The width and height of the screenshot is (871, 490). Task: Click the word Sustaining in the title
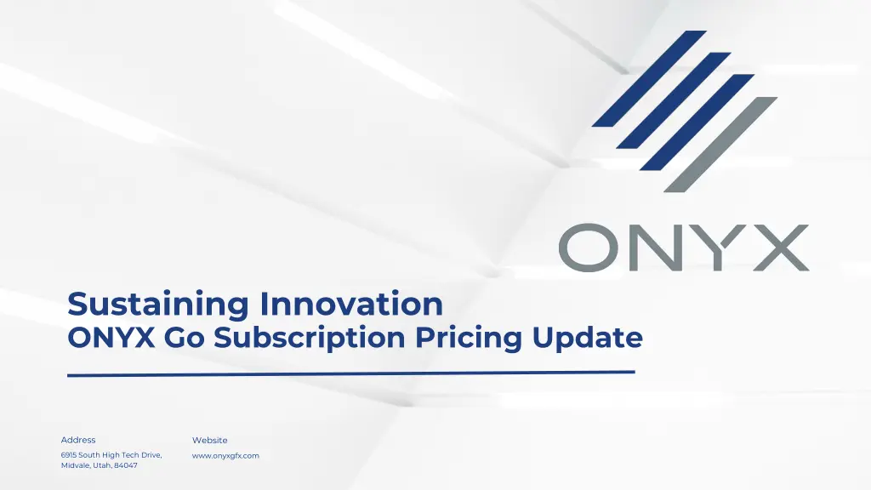158,305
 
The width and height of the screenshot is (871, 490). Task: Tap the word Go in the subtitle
183,339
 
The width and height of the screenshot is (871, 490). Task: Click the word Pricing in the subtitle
469,339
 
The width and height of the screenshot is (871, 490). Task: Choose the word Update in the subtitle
588,338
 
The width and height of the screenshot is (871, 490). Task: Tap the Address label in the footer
78,440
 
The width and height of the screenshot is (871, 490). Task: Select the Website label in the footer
210,440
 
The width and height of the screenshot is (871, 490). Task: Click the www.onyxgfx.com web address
225,456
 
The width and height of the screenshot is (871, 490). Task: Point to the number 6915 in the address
69,456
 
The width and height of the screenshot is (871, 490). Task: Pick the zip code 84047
126,466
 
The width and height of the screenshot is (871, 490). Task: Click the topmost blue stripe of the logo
649,78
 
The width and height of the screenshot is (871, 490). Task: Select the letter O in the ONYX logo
590,248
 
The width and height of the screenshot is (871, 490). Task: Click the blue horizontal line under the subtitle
350,373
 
